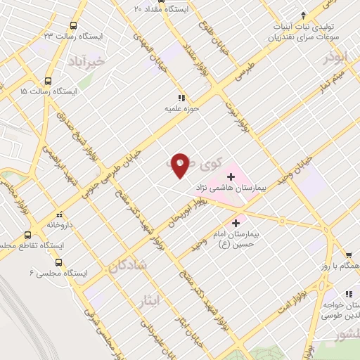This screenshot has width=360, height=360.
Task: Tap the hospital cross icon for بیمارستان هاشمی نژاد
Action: (x=231, y=176)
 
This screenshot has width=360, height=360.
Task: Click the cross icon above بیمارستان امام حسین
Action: (x=245, y=223)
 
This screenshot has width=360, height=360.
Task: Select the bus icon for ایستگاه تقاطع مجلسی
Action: (x=27, y=235)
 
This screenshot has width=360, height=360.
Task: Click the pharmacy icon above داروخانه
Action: (x=59, y=215)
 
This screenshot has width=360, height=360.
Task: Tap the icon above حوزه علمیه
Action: (x=181, y=98)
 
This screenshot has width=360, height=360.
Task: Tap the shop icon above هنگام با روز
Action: (x=347, y=255)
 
